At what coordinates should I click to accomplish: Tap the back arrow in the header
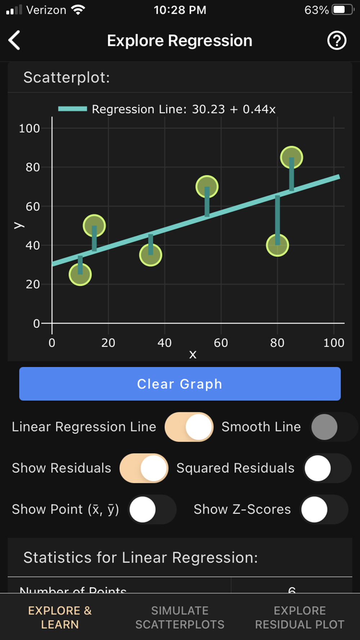14,40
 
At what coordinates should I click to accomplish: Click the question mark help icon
337,40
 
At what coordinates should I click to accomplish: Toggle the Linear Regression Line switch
189,427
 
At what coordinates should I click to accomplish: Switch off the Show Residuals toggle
144,468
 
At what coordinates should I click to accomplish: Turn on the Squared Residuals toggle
327,468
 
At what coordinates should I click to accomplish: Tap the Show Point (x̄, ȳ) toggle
152,509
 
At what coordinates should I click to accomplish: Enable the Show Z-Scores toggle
324,509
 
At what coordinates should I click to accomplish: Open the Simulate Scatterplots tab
180,617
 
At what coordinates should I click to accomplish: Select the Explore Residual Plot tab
300,617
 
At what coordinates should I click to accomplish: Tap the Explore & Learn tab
60,617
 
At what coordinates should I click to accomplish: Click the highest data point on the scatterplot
291,157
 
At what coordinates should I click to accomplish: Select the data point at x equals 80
277,245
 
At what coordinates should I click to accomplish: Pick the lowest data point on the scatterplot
80,275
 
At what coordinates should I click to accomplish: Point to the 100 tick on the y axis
30,129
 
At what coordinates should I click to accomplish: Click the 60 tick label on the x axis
221,343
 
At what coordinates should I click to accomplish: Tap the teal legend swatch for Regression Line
72,109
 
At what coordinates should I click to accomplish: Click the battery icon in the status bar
343,10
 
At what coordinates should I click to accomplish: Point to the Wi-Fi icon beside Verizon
78,10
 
